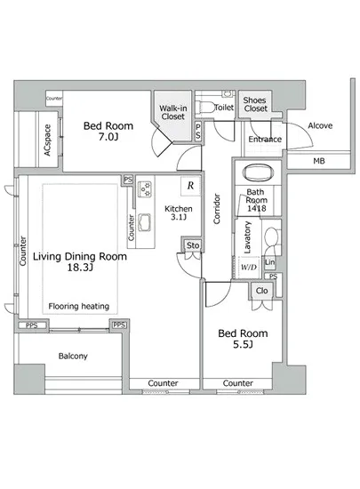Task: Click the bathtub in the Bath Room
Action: point(258,172)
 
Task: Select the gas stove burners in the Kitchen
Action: point(145,189)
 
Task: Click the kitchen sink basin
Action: point(144,221)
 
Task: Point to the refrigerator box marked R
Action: point(190,186)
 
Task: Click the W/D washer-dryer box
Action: point(249,267)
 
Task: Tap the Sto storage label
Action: point(193,245)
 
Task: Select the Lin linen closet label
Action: point(269,262)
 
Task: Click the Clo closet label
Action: point(261,291)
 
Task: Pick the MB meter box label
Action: point(319,161)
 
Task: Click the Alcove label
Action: point(320,125)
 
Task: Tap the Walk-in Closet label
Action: point(173,112)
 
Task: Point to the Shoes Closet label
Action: point(255,105)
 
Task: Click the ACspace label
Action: point(47,140)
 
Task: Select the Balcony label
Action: point(73,356)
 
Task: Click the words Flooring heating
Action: point(79,306)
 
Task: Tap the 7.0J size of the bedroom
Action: point(108,137)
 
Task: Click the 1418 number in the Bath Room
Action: point(257,208)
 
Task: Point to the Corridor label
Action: point(217,209)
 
